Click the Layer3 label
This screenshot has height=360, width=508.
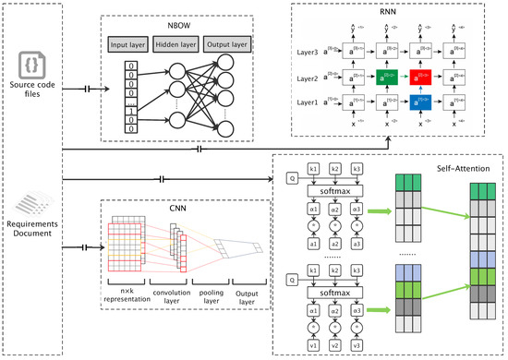tap(310, 53)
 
